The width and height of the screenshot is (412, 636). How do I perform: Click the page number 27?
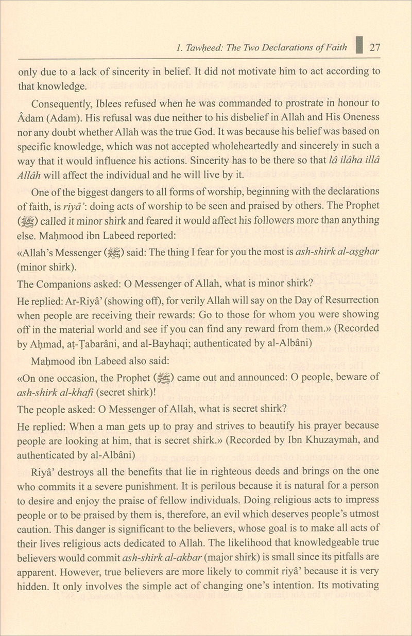(375, 47)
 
